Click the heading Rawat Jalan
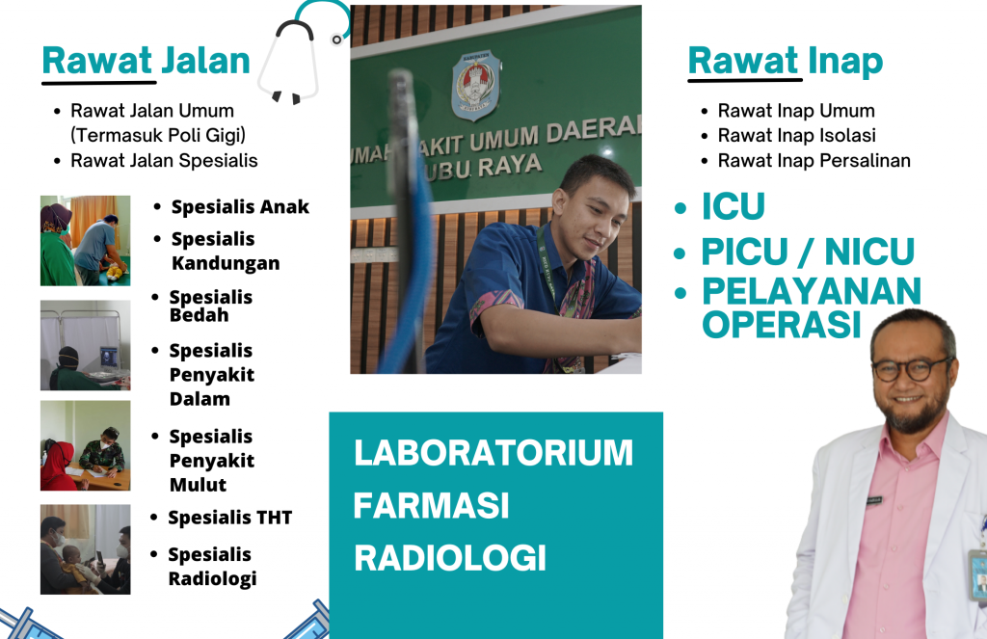(x=147, y=61)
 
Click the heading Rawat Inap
(x=786, y=61)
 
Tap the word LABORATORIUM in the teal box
(x=493, y=453)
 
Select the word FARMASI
(x=431, y=506)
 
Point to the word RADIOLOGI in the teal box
(x=450, y=558)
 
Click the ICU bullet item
(x=734, y=206)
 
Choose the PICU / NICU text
(x=809, y=252)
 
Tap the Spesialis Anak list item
(x=240, y=207)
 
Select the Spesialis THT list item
(x=230, y=518)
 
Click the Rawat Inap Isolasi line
(x=797, y=135)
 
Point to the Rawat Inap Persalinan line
(x=814, y=161)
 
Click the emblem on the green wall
(x=476, y=85)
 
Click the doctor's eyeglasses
(x=912, y=369)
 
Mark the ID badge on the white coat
(x=978, y=574)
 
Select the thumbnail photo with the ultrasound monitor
(x=86, y=345)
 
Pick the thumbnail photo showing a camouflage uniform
(x=86, y=445)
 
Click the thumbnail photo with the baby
(x=86, y=549)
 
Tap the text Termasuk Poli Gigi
(x=158, y=135)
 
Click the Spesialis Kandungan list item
(x=226, y=252)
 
